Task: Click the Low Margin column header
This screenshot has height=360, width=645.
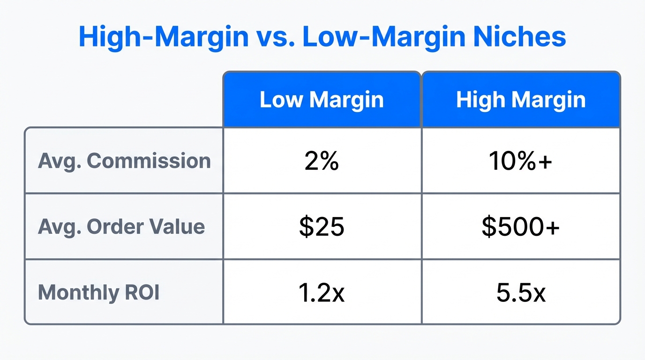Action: tap(322, 100)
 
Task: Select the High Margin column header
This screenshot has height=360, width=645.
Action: tap(521, 100)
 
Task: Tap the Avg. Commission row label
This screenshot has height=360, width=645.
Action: tap(124, 161)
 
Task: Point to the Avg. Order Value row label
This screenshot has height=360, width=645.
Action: tap(121, 227)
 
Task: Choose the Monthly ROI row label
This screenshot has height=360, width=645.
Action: tap(99, 292)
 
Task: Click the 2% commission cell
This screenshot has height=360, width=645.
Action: tap(322, 161)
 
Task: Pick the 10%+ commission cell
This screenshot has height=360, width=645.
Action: tap(521, 161)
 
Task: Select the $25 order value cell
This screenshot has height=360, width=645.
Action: tap(322, 227)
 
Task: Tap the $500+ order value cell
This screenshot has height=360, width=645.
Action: tap(521, 227)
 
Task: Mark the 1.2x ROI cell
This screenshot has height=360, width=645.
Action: tap(322, 292)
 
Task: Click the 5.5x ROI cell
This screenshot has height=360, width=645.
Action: tap(521, 292)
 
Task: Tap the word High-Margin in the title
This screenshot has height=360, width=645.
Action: tap(164, 37)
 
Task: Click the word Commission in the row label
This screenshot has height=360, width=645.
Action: tap(149, 161)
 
